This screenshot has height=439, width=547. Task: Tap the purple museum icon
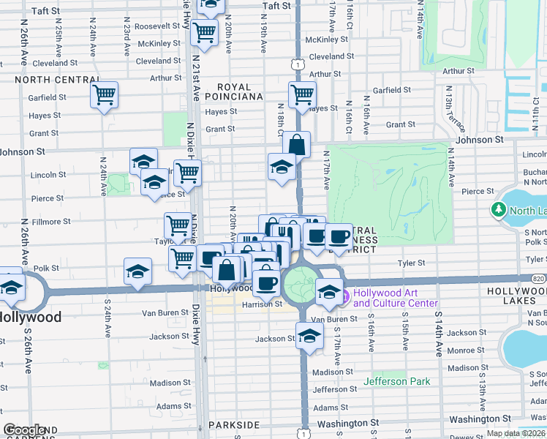(344, 296)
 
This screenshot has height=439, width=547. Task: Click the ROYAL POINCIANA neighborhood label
(233, 90)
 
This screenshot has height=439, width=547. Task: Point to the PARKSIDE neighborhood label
(234, 424)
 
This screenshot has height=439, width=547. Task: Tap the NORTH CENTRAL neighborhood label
(56, 79)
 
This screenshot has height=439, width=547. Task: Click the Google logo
(24, 429)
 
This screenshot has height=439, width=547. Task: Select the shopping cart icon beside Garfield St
(104, 94)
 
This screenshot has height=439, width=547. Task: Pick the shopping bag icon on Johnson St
(296, 144)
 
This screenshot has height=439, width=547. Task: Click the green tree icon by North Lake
(499, 210)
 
